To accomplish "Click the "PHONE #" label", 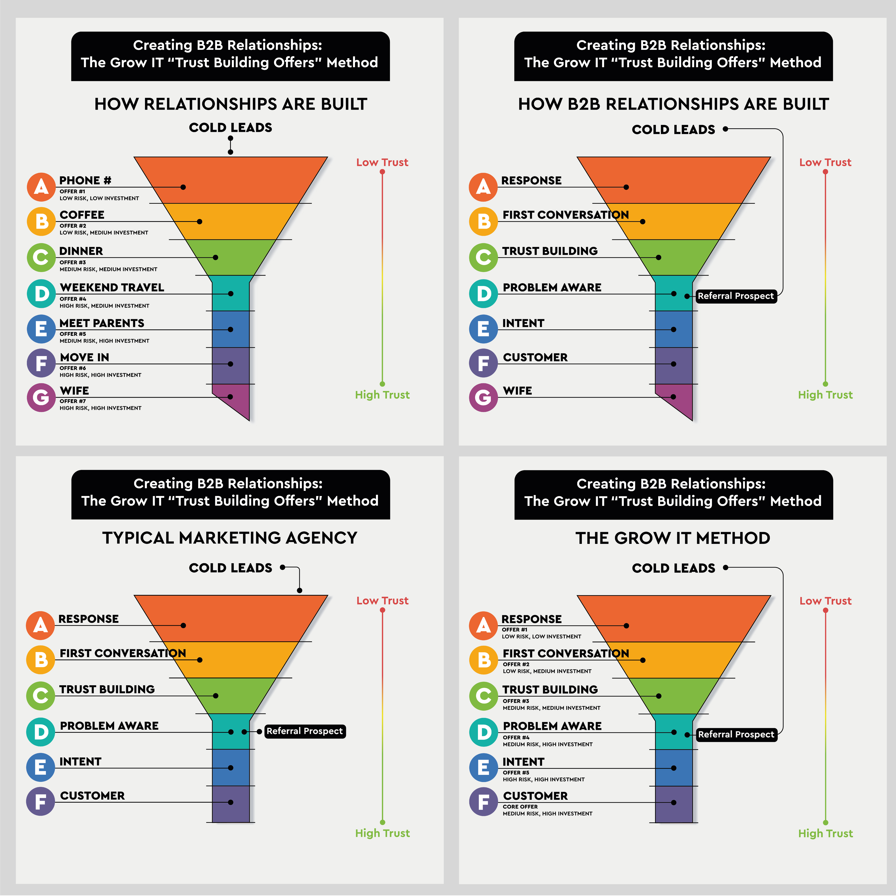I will [x=85, y=180].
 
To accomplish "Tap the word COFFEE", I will [x=82, y=215].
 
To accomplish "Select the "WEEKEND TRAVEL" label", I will [x=112, y=288].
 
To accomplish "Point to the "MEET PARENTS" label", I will [x=102, y=323].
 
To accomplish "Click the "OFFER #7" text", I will [x=73, y=401].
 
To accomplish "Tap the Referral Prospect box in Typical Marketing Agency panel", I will [x=305, y=731].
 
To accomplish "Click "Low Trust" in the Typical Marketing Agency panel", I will [x=382, y=600].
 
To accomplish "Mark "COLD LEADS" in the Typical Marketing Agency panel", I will [x=230, y=568].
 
